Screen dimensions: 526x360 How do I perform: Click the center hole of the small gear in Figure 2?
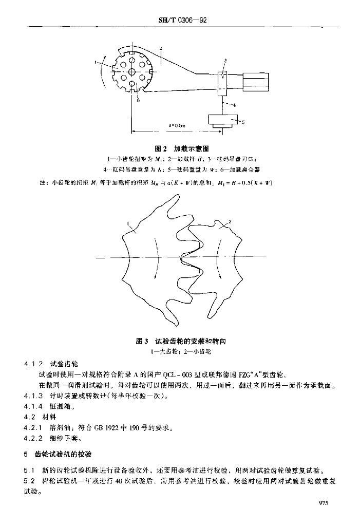[x=132, y=72]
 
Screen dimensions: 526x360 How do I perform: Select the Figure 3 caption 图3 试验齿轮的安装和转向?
[x=180, y=341]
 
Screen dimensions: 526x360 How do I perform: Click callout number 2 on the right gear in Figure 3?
[x=230, y=221]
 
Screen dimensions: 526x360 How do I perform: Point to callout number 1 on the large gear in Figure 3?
[x=127, y=224]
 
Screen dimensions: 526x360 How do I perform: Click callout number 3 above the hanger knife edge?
[x=225, y=61]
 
